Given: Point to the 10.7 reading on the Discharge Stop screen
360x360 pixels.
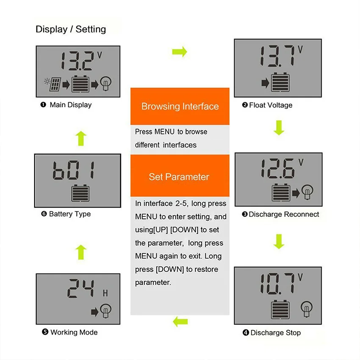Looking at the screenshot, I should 277,283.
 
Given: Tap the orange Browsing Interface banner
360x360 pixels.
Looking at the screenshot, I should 180,106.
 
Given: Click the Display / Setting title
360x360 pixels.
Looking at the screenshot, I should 71,29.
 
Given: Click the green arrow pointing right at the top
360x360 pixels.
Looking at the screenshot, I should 180,52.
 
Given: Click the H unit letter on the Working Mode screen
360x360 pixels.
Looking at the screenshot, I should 105,293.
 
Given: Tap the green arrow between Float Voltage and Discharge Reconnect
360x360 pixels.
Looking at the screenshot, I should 279,127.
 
